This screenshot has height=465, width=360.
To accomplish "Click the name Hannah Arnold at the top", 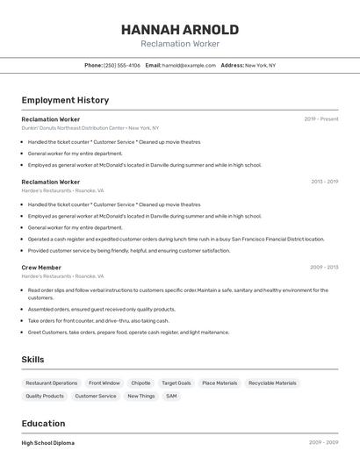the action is tap(180, 29).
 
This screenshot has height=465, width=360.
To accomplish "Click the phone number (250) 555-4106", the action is tap(122, 65).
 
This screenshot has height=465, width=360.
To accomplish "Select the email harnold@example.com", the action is tap(189, 65).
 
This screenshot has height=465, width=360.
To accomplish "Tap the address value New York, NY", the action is tap(260, 65).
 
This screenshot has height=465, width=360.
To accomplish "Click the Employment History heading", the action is tap(65, 100).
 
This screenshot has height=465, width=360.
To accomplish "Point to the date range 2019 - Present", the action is tap(321, 119).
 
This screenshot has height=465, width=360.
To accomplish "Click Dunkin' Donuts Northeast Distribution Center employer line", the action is tap(90, 128).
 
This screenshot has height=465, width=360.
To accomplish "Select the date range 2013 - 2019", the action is tap(324, 182).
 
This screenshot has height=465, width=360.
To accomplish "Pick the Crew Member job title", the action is tap(41, 268).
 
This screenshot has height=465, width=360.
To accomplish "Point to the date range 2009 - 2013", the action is tap(324, 268).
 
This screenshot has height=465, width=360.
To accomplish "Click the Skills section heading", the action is tap(32, 360).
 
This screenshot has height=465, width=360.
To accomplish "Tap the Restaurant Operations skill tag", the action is tap(52, 383).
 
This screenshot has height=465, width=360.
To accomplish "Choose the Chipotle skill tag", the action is tap(140, 383).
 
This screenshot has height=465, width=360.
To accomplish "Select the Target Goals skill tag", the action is tap(176, 383).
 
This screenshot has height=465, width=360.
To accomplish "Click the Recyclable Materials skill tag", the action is tap(273, 383).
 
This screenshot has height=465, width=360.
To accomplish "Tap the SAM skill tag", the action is tap(171, 397).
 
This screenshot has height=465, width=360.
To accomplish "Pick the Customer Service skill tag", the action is tap(96, 397).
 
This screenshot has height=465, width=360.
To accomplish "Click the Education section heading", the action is tap(43, 424).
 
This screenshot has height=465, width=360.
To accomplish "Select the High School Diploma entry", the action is tap(48, 443).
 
